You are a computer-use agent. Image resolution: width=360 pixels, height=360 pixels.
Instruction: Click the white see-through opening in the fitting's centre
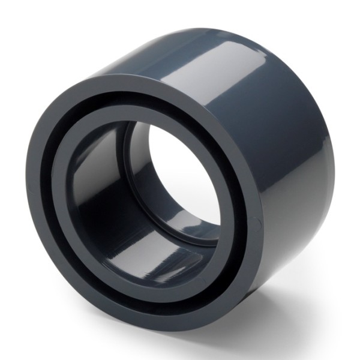tap(180, 180)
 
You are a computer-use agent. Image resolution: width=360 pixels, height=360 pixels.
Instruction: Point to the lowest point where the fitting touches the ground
tap(180, 334)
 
